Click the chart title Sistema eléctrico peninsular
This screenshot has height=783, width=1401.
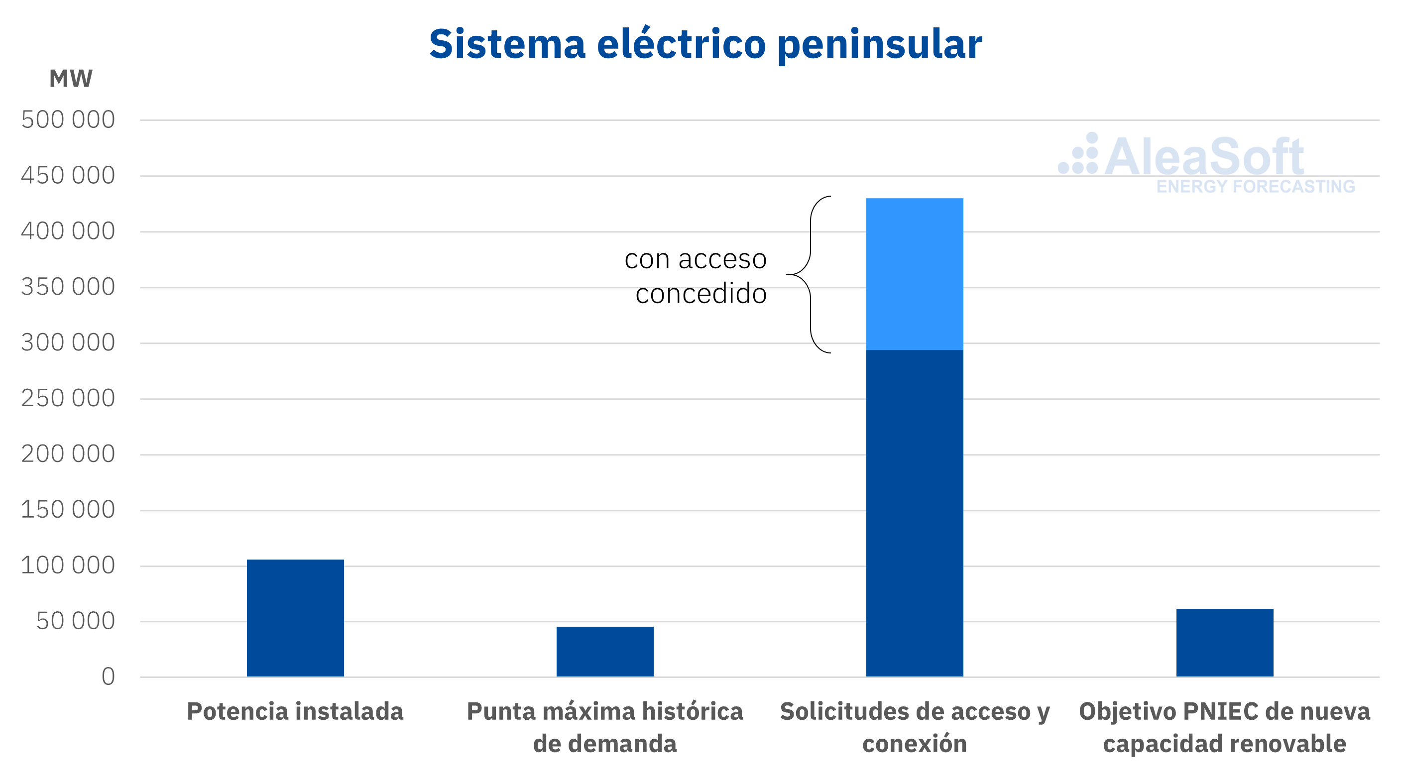pos(705,45)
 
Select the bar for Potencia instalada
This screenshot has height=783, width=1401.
pos(295,618)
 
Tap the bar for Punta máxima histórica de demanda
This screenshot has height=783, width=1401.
pos(605,652)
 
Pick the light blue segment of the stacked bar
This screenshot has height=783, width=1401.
pos(915,274)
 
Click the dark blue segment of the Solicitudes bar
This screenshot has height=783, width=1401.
pos(915,513)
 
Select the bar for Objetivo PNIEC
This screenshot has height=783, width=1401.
pos(1225,643)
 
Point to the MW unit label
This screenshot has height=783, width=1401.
pos(71,79)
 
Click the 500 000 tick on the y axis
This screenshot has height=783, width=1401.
pos(68,119)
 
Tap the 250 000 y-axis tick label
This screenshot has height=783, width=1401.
pos(68,399)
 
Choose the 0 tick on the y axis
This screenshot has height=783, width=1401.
pos(108,677)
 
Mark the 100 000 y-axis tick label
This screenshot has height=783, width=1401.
pos(68,565)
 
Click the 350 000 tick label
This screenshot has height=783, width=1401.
pos(68,287)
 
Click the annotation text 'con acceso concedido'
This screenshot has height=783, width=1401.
pos(696,276)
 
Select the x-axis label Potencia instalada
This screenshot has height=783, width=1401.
pos(295,711)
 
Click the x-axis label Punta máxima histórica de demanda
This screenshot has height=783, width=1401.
pos(605,728)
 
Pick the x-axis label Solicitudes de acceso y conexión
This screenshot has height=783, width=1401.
pos(915,728)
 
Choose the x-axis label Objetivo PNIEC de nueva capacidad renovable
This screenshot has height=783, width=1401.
pos(1225,728)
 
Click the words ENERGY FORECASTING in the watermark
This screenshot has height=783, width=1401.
pos(1256,187)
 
